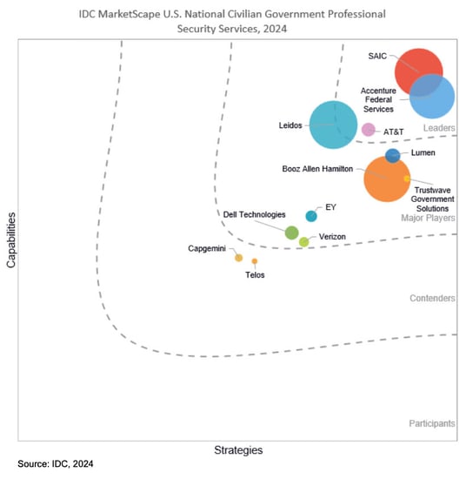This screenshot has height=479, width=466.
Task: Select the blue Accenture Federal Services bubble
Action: (432, 96)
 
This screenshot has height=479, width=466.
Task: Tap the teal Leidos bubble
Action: (333, 125)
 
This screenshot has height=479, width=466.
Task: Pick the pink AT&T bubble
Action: (368, 130)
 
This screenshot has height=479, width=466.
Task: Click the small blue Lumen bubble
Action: (392, 156)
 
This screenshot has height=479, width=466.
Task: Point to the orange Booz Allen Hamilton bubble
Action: (387, 178)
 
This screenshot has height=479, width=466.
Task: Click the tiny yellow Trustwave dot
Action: (407, 179)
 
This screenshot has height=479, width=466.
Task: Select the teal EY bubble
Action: (311, 216)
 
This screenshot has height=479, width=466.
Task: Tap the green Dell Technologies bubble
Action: (292, 233)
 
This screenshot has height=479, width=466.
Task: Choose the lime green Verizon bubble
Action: (303, 242)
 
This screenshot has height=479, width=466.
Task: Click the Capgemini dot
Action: (239, 258)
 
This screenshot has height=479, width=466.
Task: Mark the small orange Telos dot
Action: (255, 261)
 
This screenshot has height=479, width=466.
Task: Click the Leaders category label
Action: (439, 129)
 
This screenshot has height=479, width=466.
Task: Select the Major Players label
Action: (428, 219)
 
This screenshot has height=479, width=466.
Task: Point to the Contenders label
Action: (432, 299)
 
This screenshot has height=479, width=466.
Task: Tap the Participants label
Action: (431, 423)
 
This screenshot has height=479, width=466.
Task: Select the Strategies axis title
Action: (238, 450)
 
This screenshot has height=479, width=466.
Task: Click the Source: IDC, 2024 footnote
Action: (56, 465)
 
